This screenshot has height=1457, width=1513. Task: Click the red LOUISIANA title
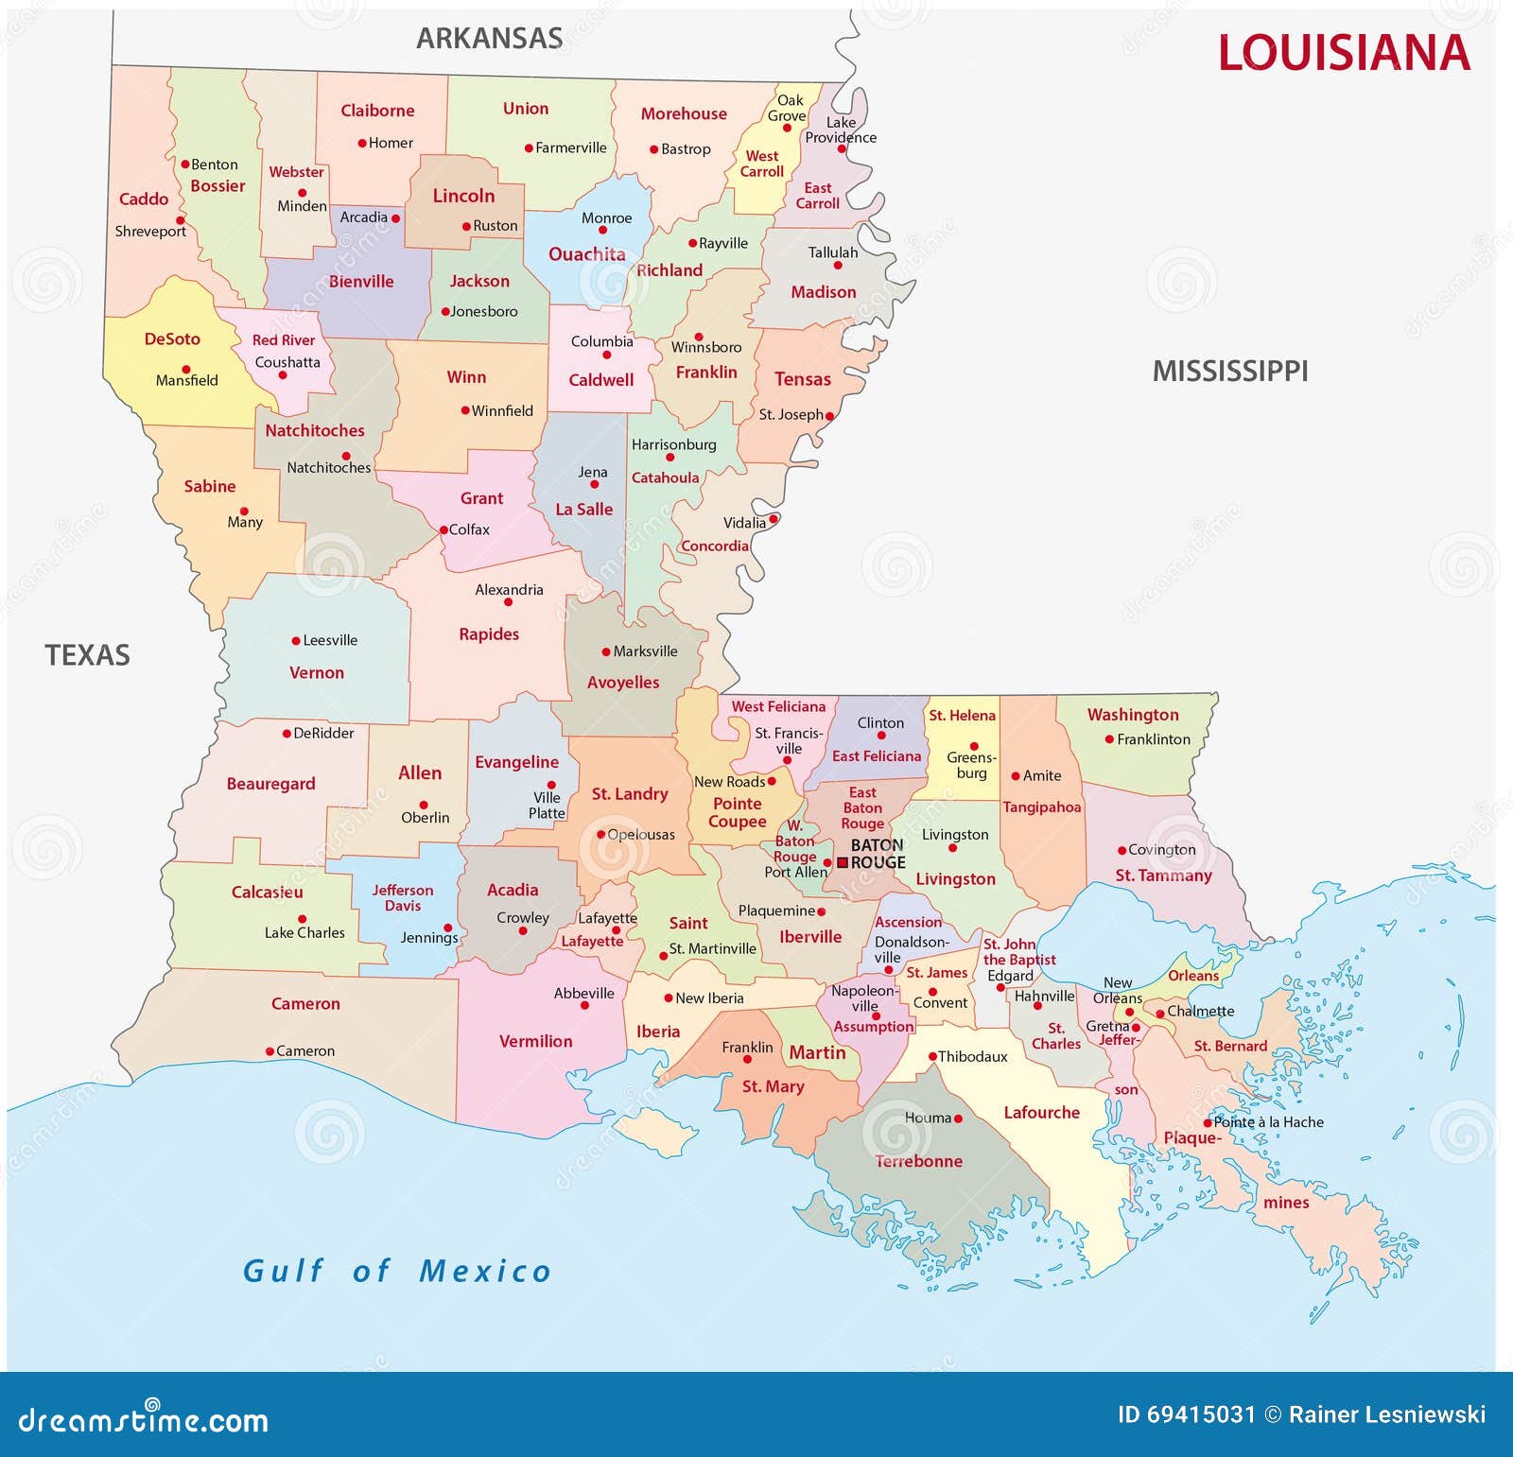click(1343, 53)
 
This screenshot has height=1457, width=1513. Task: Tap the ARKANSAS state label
click(489, 39)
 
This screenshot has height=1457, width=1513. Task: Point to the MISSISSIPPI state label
click(1229, 372)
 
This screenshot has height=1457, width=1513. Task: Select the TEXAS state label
click(87, 655)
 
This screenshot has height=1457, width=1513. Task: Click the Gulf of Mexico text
click(396, 1271)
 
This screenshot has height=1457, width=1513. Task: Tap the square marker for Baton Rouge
click(842, 862)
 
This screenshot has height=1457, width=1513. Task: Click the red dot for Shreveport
click(181, 220)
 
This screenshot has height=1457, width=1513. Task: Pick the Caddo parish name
click(143, 199)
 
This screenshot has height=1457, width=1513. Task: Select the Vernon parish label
click(316, 673)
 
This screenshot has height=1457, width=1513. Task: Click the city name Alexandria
click(509, 589)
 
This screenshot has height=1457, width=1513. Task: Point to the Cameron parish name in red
click(304, 1004)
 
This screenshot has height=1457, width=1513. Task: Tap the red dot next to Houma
click(958, 1119)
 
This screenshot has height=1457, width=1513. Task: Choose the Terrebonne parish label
click(917, 1161)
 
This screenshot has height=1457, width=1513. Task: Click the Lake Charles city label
click(304, 932)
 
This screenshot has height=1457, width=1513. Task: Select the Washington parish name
click(1132, 715)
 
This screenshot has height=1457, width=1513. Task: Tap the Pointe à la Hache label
click(1268, 1122)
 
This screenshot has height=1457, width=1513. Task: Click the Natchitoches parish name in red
click(314, 431)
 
